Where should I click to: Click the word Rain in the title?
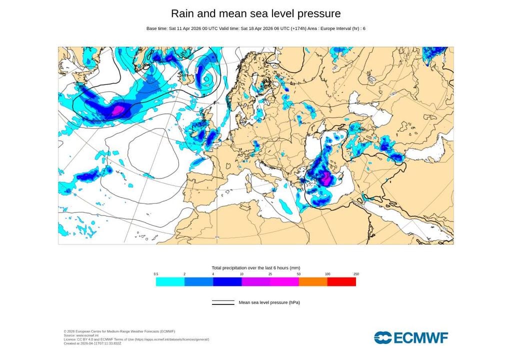point(183,13)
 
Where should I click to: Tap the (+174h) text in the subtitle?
point(294,28)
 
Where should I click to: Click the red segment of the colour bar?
point(341,281)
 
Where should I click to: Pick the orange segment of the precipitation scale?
point(313,281)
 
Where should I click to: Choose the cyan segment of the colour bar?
point(170,281)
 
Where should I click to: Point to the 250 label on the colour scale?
point(356,274)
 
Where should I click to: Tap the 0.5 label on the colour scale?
point(156,274)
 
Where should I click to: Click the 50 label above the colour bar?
point(298,274)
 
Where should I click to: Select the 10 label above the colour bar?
point(241,274)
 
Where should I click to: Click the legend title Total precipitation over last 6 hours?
point(255,268)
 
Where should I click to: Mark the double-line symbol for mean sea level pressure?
point(223,302)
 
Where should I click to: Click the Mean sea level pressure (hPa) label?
point(269,302)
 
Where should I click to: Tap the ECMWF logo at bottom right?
point(411,337)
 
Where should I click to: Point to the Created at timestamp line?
point(92,343)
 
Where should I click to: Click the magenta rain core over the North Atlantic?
point(118,109)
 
